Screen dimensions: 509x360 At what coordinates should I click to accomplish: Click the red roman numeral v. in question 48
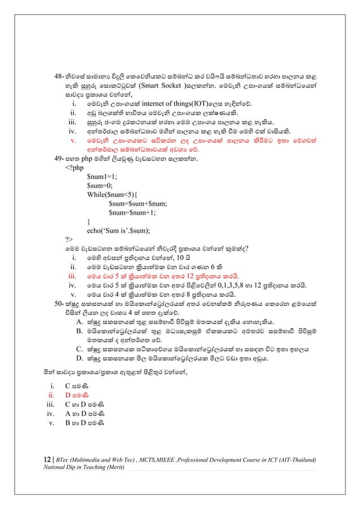click(72, 139)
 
